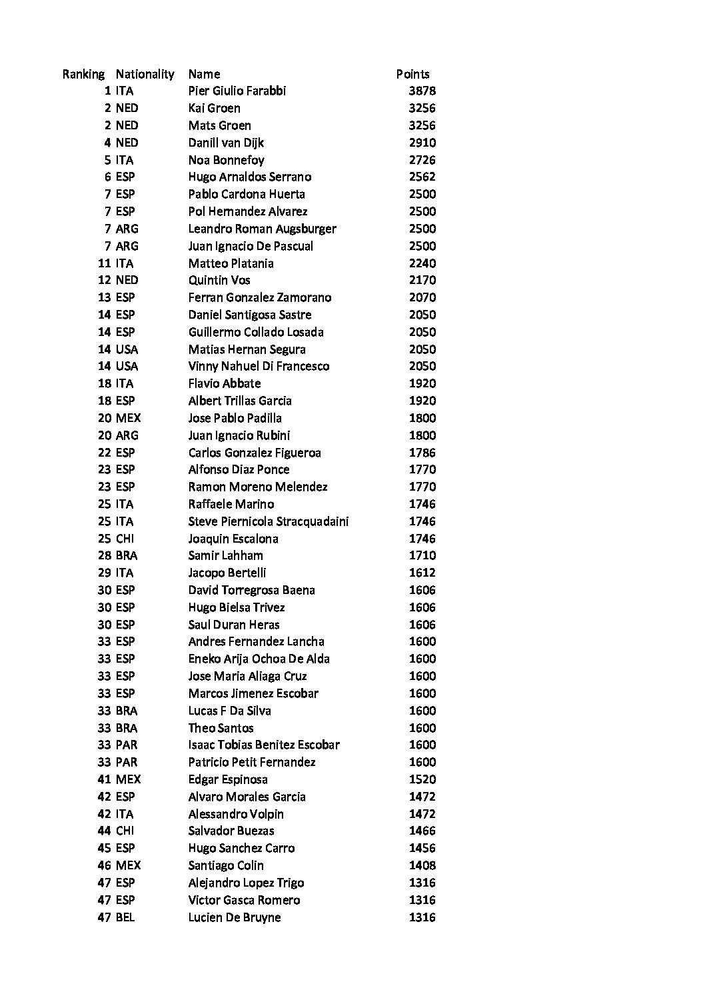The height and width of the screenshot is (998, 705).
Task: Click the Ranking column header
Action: (83, 74)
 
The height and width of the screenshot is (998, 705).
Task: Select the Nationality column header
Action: (145, 74)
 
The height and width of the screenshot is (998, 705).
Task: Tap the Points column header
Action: (412, 74)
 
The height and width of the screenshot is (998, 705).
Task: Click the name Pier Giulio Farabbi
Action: (237, 91)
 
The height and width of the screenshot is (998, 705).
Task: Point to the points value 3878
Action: (422, 91)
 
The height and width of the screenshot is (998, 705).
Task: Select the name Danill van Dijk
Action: (226, 143)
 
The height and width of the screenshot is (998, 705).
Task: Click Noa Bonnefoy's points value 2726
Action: (422, 160)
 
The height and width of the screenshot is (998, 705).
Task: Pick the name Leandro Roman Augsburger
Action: (262, 229)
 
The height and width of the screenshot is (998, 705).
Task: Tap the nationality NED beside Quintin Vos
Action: (127, 280)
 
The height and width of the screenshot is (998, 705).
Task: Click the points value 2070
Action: (422, 297)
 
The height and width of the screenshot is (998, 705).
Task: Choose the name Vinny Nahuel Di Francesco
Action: (259, 366)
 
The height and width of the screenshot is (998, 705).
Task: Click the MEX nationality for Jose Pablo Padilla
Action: (128, 418)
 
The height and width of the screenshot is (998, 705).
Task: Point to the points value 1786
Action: (422, 453)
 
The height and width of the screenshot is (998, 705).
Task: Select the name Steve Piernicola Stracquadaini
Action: (268, 521)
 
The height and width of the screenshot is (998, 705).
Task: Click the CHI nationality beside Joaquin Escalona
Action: (125, 539)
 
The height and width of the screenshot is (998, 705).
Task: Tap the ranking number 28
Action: (105, 555)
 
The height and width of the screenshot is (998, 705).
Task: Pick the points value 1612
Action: (422, 573)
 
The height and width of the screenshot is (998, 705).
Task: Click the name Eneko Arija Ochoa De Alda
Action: (259, 659)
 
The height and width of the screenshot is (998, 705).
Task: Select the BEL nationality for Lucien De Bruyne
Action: (125, 917)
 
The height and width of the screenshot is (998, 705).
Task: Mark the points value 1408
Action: (422, 865)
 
